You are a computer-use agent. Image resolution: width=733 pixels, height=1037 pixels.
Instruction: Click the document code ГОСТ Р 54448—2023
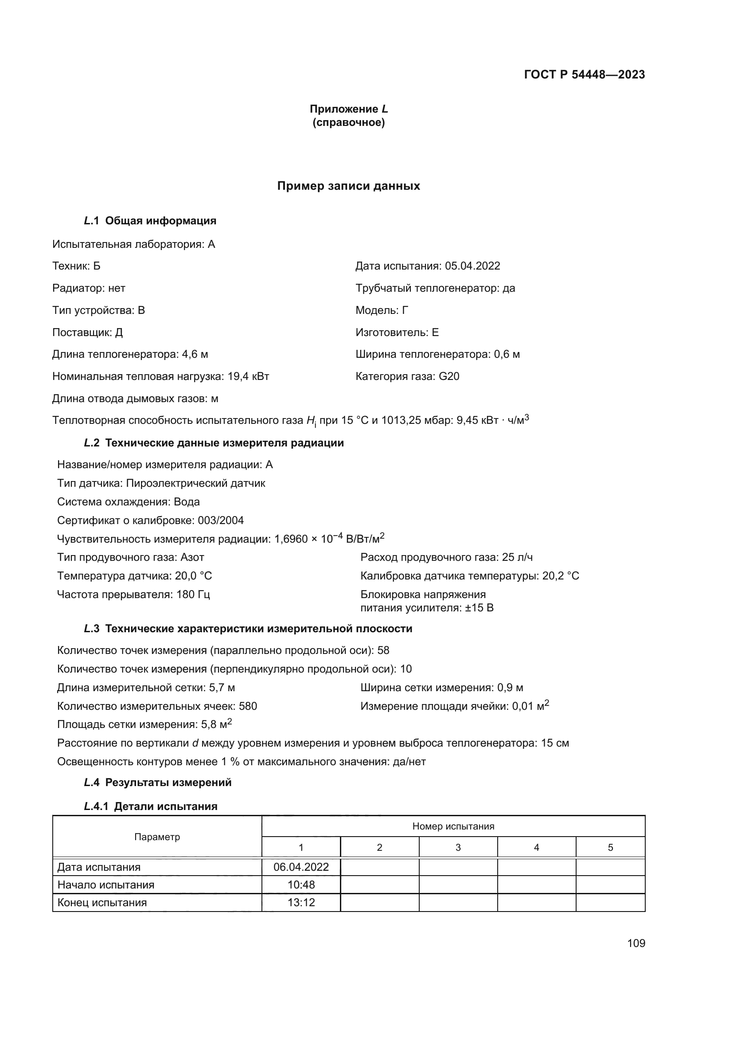click(584, 74)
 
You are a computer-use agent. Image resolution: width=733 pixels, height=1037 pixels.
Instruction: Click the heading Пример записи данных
click(348, 186)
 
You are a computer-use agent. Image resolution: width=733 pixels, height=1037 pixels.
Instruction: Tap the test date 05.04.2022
click(472, 266)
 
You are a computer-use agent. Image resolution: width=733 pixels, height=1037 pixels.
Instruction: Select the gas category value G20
click(448, 376)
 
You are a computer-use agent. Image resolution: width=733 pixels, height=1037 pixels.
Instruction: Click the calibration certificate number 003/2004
click(221, 520)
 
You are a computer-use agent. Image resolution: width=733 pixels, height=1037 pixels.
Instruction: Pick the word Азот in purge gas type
click(192, 557)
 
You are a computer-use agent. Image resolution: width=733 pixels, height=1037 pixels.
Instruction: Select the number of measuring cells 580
click(248, 706)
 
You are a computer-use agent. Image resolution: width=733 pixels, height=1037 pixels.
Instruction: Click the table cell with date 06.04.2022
click(301, 867)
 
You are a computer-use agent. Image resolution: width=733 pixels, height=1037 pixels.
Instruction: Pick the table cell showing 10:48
click(301, 885)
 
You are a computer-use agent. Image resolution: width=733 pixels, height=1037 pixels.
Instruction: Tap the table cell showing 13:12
click(301, 902)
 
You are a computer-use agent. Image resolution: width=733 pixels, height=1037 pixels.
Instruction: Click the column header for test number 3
click(458, 847)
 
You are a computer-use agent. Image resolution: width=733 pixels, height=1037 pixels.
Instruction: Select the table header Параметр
click(157, 837)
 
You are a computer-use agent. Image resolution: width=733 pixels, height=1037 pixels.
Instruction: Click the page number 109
click(636, 943)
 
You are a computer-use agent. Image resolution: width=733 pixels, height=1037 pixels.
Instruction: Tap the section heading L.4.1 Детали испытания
click(151, 806)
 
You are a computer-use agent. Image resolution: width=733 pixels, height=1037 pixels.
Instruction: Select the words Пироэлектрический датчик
click(195, 483)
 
